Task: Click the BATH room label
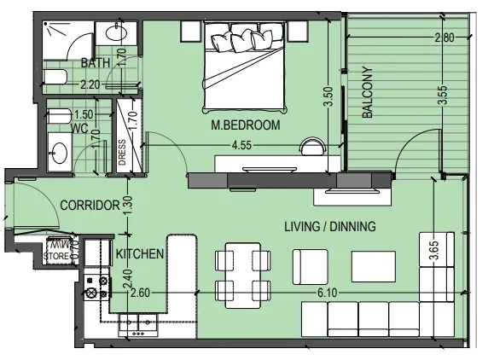click(96, 62)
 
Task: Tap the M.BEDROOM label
click(247, 126)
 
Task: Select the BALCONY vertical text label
click(368, 96)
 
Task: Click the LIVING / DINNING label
click(329, 226)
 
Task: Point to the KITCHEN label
click(139, 253)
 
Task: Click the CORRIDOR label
click(88, 206)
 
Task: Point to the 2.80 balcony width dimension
click(445, 38)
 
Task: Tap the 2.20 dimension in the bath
click(91, 84)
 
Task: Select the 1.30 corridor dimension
click(128, 205)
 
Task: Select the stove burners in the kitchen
click(96, 285)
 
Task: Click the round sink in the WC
click(59, 154)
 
